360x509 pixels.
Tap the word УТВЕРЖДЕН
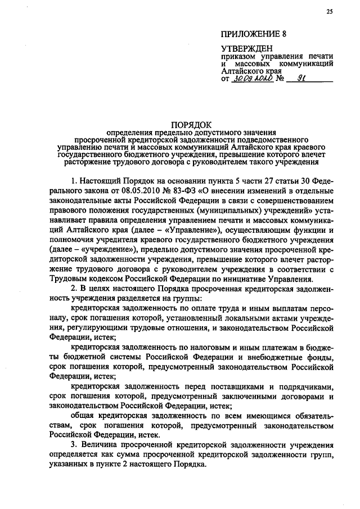click(245, 50)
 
